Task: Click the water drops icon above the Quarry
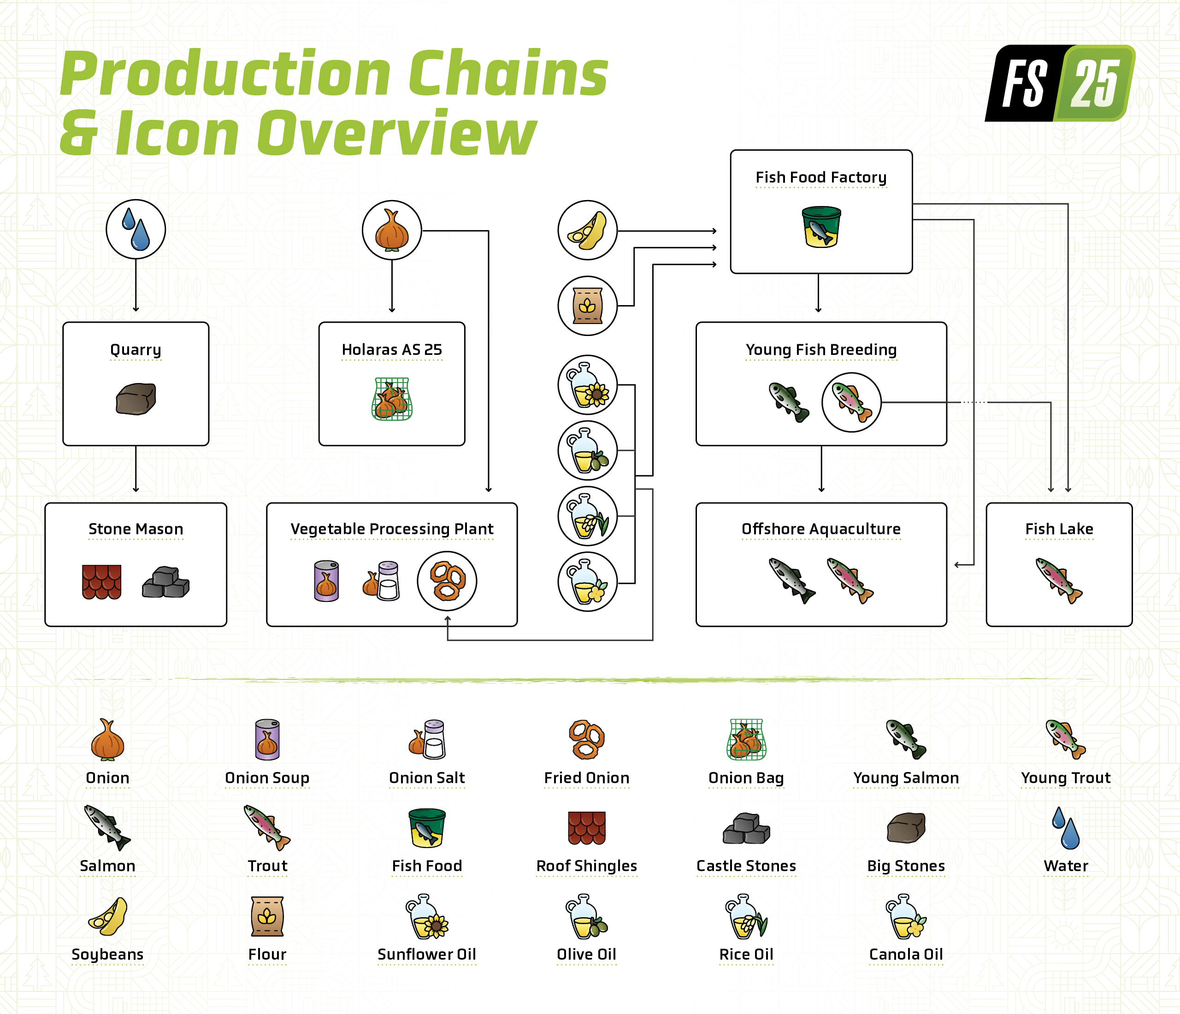(136, 229)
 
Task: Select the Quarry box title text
(136, 349)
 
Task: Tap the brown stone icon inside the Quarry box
(136, 399)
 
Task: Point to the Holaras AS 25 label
(392, 349)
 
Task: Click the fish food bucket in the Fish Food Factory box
(820, 227)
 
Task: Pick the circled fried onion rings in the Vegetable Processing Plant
(447, 581)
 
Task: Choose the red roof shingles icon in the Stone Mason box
(101, 582)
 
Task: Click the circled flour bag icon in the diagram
(587, 306)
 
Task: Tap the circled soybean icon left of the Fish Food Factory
(587, 230)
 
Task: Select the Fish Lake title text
(1059, 529)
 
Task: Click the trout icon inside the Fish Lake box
(1059, 581)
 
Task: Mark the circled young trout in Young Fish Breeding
(851, 402)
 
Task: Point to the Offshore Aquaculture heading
(820, 529)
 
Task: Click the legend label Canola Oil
(905, 954)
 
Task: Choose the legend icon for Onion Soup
(267, 740)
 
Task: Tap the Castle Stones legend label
(746, 866)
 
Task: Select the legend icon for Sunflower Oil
(426, 916)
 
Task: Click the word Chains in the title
(508, 74)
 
